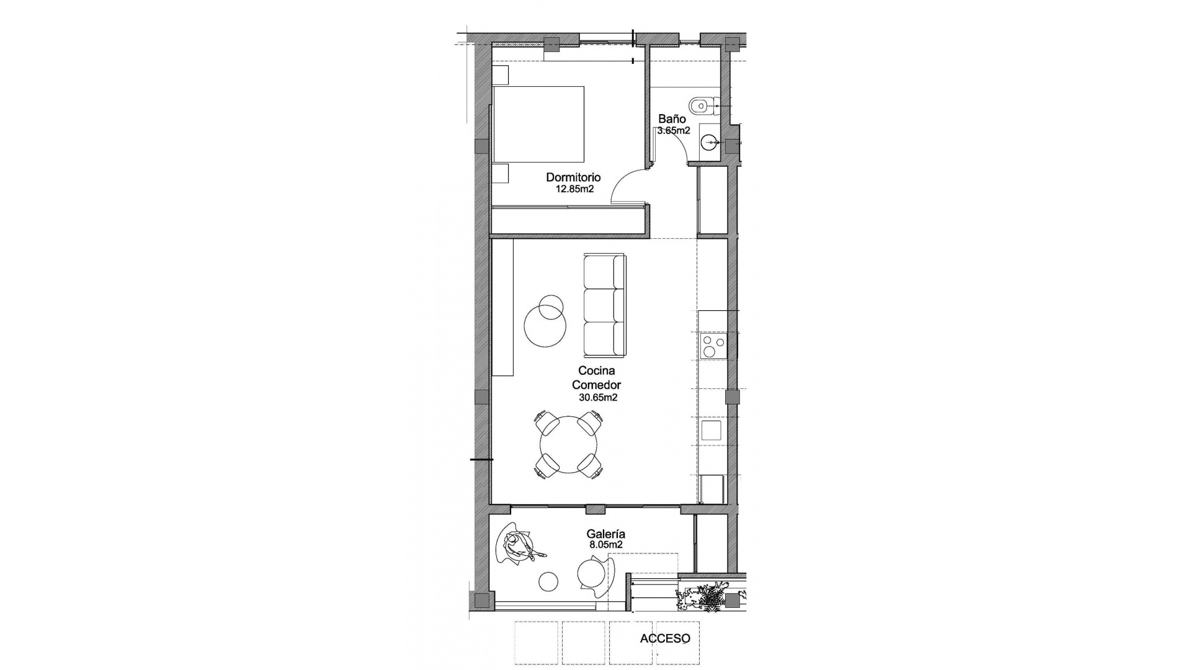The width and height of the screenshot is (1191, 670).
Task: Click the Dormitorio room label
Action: tap(573, 177)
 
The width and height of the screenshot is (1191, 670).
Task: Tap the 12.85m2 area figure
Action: tap(574, 189)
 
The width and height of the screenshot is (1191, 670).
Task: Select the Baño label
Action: tap(672, 118)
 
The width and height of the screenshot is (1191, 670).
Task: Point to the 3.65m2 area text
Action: tap(674, 131)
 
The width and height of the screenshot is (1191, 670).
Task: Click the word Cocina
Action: tap(596, 371)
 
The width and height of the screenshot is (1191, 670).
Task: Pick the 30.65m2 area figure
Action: tap(598, 398)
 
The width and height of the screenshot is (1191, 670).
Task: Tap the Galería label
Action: tap(605, 534)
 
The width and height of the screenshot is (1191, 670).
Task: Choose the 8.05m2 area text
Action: tap(605, 545)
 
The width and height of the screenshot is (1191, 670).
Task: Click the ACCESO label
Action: tap(665, 638)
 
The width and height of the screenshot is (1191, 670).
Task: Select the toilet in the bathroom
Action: tap(701, 107)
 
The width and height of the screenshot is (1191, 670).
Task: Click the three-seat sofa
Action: tap(604, 305)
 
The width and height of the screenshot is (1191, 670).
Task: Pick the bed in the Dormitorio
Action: tap(538, 124)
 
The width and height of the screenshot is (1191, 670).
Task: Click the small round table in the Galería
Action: tap(548, 581)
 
